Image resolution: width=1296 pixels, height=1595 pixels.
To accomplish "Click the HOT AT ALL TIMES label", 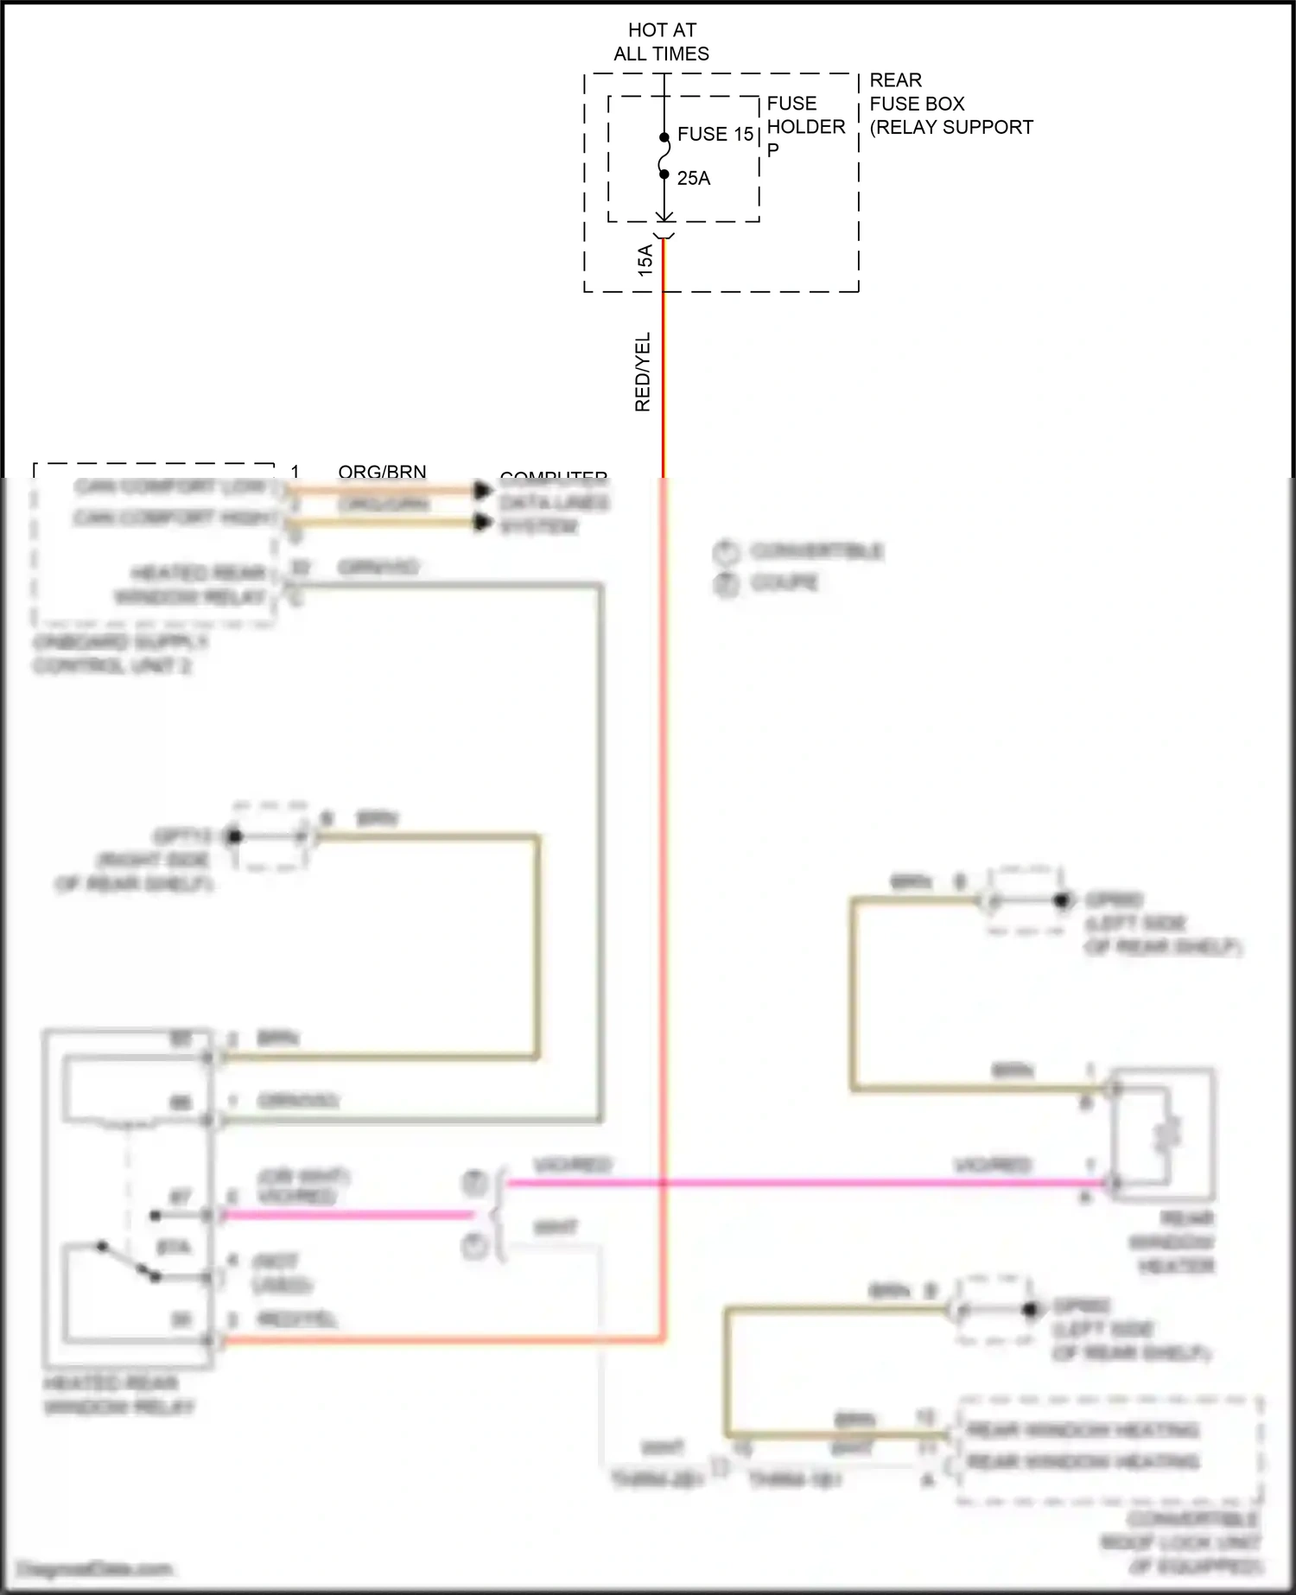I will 662,41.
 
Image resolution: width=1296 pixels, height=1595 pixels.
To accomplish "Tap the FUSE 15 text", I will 715,134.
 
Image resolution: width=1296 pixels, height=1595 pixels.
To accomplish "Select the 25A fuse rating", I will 693,178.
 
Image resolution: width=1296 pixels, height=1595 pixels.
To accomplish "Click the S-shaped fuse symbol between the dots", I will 664,156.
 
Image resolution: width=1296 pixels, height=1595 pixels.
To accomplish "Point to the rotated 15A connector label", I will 645,260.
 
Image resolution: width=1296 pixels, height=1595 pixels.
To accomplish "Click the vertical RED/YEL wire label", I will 643,372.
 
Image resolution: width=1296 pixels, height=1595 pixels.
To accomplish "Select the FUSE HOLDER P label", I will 805,126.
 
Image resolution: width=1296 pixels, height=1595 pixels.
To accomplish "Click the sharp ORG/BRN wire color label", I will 382,472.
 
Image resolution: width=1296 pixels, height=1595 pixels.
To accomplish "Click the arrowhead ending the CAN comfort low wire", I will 483,491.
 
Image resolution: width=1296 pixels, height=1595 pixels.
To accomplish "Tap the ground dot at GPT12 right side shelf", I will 233,836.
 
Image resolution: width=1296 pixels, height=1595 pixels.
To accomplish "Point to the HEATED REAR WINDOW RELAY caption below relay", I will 118,1395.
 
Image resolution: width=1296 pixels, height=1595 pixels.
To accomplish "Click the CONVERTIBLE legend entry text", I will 816,551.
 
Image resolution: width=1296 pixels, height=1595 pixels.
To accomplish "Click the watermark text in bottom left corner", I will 95,1568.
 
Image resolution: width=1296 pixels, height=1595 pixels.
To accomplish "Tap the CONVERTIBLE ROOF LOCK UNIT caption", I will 1182,1542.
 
